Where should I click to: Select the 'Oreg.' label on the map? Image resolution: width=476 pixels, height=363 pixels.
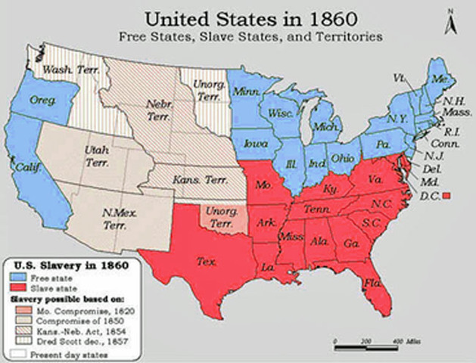pyautogui.click(x=38, y=99)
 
